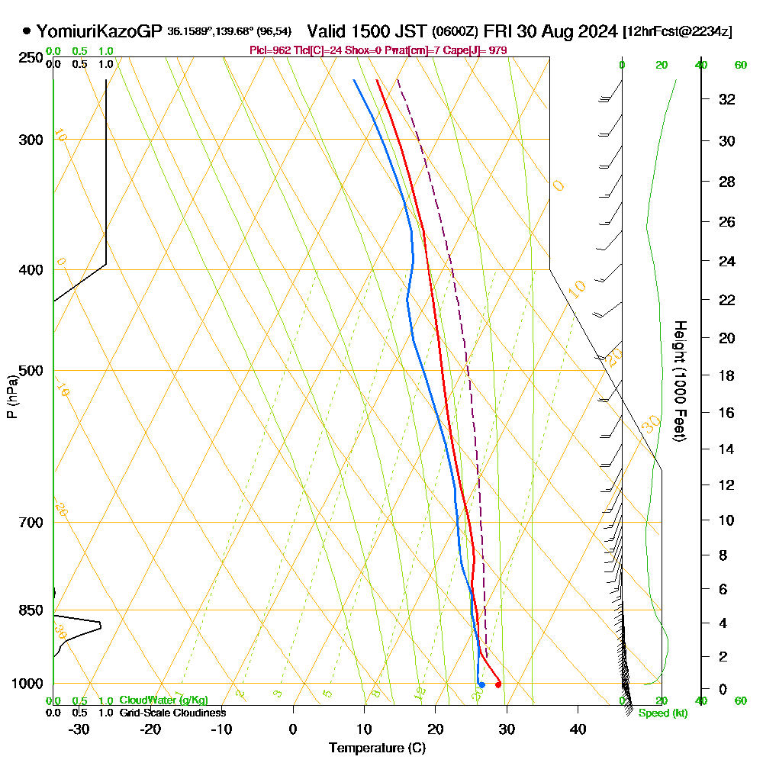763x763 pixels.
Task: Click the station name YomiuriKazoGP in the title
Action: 100,31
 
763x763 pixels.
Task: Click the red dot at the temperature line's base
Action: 498,684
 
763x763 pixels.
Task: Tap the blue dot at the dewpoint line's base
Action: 481,684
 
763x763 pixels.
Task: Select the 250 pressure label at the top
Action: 31,58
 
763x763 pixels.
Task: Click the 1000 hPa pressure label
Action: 27,684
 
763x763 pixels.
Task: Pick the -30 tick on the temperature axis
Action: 79,729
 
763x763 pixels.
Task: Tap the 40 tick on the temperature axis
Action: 578,729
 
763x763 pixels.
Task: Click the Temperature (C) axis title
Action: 377,749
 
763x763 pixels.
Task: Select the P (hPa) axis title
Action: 11,396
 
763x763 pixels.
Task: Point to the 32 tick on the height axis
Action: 727,98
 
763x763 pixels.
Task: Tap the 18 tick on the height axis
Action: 727,375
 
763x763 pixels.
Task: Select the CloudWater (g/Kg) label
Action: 163,700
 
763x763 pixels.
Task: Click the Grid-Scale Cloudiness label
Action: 172,713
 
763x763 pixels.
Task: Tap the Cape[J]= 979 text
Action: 481,50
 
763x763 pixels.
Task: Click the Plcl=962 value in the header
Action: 271,50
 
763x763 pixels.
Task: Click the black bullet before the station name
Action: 27,31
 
